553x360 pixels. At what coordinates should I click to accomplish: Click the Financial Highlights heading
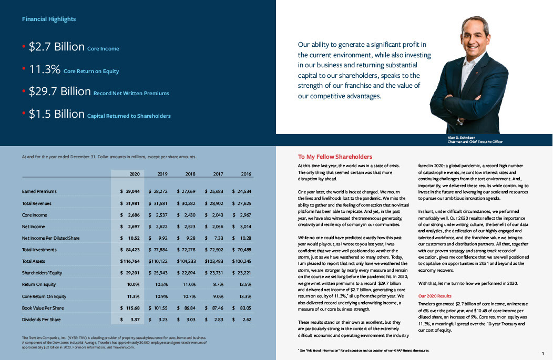tap(49, 19)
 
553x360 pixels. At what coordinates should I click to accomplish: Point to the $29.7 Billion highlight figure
tap(60, 91)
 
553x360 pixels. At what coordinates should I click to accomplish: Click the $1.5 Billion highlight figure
tap(57, 114)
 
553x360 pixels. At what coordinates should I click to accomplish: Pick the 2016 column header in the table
tap(246, 174)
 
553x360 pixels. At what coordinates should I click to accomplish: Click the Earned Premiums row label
tap(39, 191)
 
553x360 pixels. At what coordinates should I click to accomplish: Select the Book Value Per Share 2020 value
tap(129, 307)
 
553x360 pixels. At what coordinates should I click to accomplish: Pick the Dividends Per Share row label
tap(41, 320)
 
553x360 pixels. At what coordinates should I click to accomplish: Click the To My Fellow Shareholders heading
tap(335, 157)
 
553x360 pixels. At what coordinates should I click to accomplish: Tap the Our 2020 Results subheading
tap(435, 296)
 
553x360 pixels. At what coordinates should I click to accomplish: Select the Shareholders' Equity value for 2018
tap(186, 273)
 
